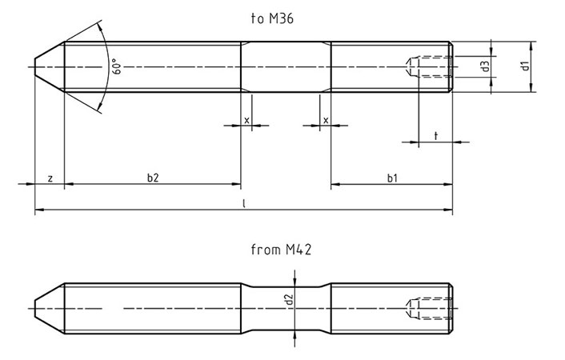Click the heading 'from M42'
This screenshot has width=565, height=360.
click(x=281, y=250)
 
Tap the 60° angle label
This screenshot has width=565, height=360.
click(x=116, y=67)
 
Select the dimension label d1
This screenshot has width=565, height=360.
click(x=526, y=66)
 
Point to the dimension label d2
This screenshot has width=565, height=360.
click(x=288, y=301)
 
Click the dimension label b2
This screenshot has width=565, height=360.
click(x=153, y=178)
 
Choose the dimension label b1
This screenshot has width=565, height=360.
click(x=392, y=178)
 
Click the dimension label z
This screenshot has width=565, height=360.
click(x=50, y=178)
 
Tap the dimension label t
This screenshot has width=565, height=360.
click(x=435, y=137)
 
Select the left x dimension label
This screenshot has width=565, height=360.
click(x=246, y=120)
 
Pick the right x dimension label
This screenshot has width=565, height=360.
click(x=326, y=120)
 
